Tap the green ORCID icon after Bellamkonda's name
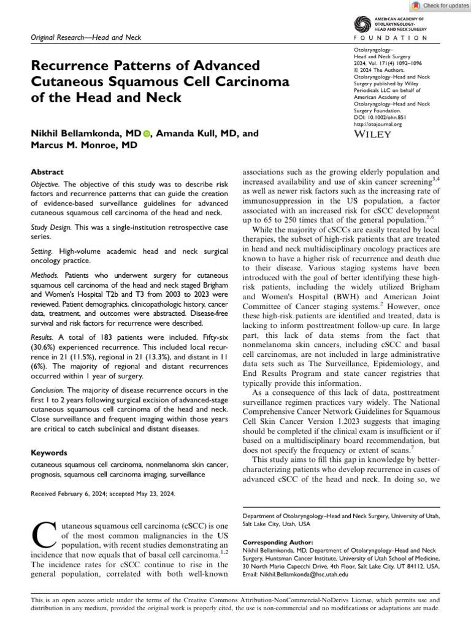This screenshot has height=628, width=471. [147, 133]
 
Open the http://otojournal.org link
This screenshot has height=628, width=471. [378, 124]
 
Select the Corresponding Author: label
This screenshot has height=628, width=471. [278, 542]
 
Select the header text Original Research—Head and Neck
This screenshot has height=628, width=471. [85, 38]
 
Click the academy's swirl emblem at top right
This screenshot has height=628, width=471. [362, 24]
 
